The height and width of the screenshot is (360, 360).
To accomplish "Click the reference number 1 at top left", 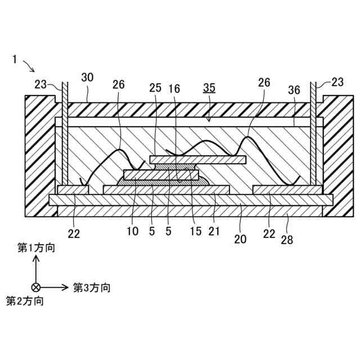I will pyautogui.click(x=15, y=58).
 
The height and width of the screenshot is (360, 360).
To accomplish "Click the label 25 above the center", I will pyautogui.click(x=155, y=88).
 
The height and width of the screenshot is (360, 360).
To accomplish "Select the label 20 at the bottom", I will pyautogui.click(x=241, y=238).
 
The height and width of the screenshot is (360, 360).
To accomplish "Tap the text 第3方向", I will pyautogui.click(x=92, y=287).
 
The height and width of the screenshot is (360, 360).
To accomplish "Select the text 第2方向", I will pyautogui.click(x=25, y=301).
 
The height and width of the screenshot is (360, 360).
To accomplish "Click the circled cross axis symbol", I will pyautogui.click(x=35, y=287).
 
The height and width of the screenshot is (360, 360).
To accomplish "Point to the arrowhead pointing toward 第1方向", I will pyautogui.click(x=35, y=258).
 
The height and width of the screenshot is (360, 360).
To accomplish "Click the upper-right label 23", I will pyautogui.click(x=336, y=82).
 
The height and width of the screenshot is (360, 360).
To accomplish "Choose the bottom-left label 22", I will pyautogui.click(x=74, y=233).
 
